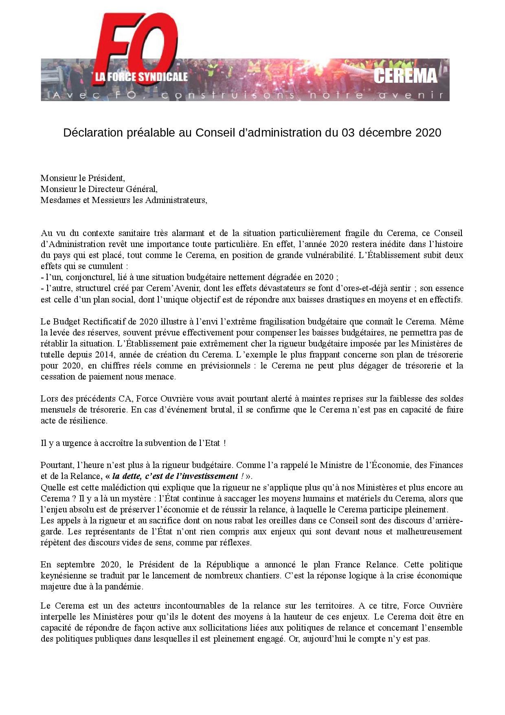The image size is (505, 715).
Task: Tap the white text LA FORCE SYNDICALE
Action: (141, 77)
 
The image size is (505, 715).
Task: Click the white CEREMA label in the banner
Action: (405, 76)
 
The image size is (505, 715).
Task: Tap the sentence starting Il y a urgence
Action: (133, 443)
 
